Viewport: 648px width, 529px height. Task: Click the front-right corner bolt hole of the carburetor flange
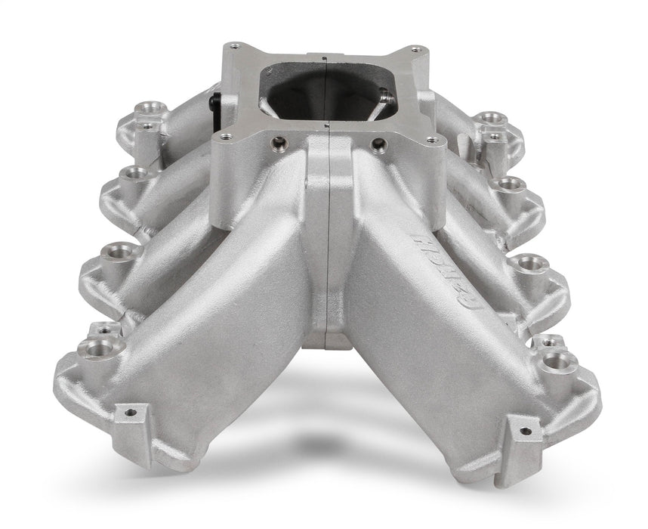click(432, 139)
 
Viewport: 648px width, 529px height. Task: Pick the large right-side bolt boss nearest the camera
click(557, 360)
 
